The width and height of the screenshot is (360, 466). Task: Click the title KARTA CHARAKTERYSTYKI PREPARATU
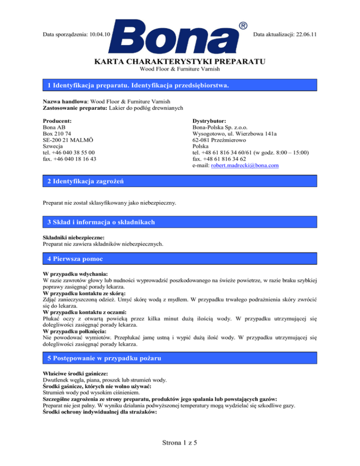coord(180,62)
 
